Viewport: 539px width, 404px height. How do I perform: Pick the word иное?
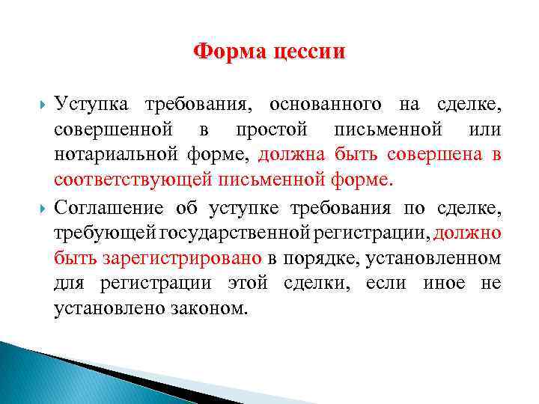point(443,284)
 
